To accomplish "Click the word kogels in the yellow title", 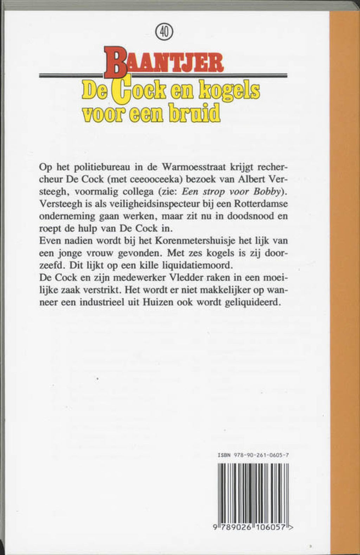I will (230, 91).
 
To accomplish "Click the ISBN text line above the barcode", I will (253, 455).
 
